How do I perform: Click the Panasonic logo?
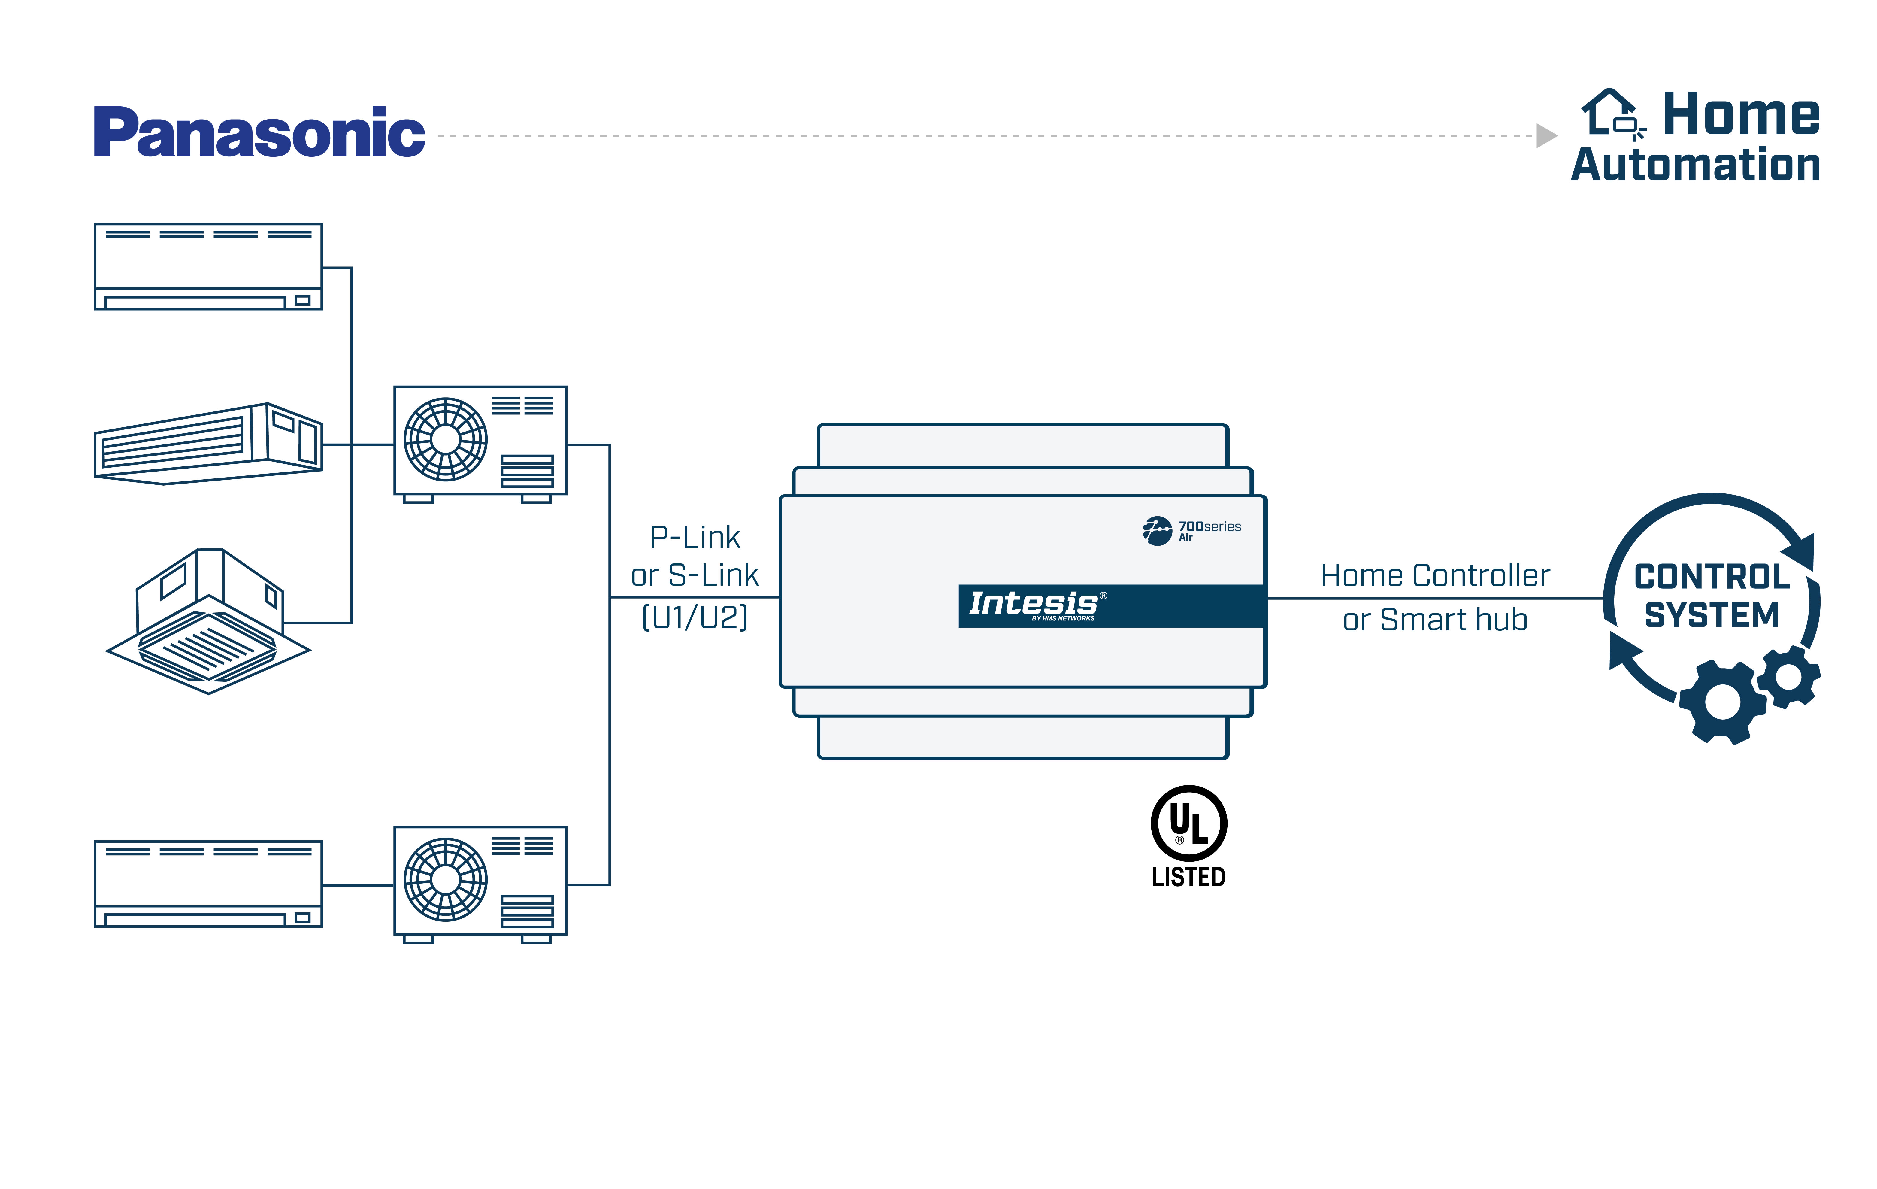(259, 132)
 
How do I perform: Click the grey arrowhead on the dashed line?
(1546, 136)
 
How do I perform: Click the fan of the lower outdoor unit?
(445, 879)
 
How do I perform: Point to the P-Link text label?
(695, 537)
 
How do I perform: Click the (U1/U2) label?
(695, 617)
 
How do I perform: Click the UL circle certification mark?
(1189, 823)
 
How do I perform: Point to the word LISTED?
(1189, 877)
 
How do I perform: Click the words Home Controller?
(1435, 576)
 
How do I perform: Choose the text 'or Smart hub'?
(1435, 620)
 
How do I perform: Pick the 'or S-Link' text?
(695, 575)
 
